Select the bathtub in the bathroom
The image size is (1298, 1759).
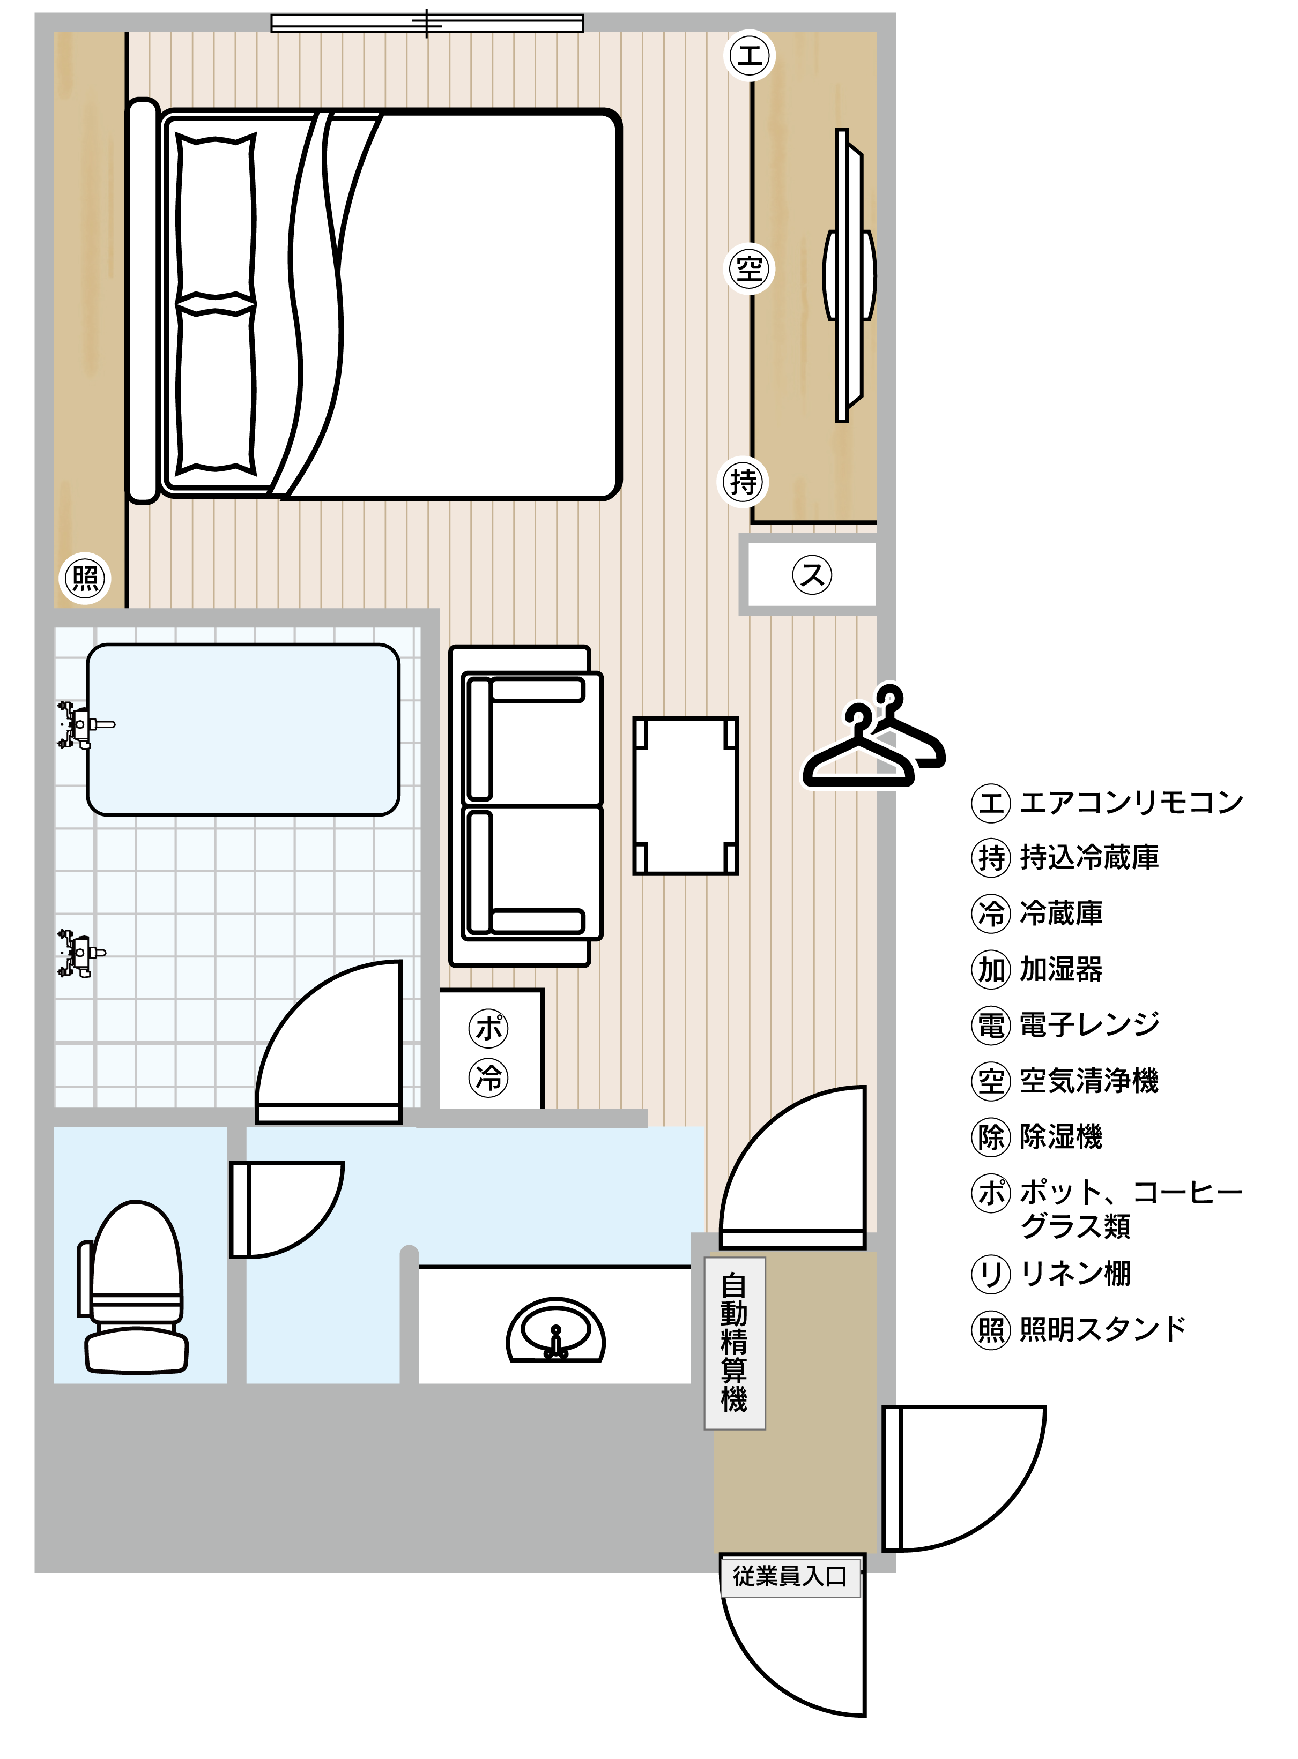tap(243, 730)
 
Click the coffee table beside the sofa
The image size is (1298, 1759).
tap(685, 796)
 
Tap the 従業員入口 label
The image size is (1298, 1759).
tap(790, 1576)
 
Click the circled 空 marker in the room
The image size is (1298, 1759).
tap(749, 270)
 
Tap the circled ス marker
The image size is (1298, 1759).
tap(812, 574)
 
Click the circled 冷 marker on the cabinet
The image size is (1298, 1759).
tap(489, 1077)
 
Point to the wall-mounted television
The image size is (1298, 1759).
tap(849, 275)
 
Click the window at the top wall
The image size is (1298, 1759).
tap(427, 24)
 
